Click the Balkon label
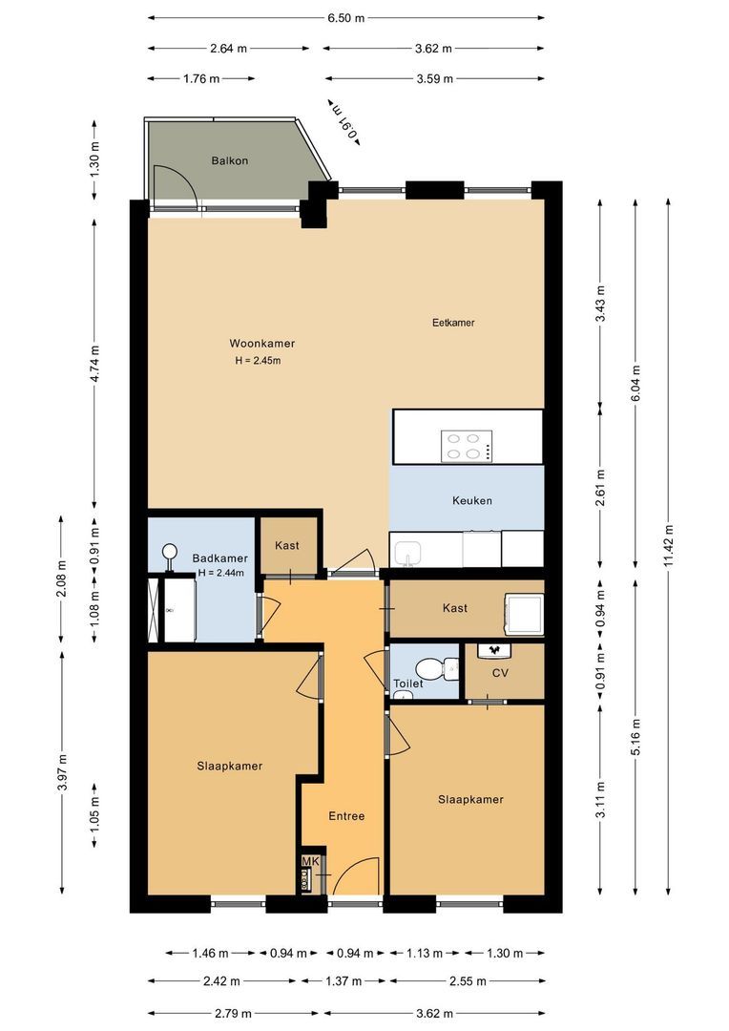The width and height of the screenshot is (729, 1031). [x=229, y=160]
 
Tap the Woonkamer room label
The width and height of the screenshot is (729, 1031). [x=261, y=343]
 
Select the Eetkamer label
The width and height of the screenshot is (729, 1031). [x=453, y=323]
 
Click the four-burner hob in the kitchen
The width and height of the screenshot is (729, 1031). [x=467, y=446]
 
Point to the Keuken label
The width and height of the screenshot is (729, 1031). [x=472, y=500]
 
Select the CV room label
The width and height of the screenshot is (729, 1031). [x=500, y=673]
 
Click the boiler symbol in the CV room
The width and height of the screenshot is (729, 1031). [x=495, y=649]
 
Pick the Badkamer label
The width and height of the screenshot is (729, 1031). [x=219, y=558]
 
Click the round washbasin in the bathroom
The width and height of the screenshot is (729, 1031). [x=171, y=551]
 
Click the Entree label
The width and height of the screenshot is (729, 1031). [x=346, y=816]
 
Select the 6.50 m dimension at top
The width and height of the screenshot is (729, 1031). [x=344, y=18]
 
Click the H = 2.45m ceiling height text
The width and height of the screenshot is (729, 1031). [x=258, y=361]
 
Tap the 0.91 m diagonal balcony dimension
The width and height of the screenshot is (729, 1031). [x=344, y=121]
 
